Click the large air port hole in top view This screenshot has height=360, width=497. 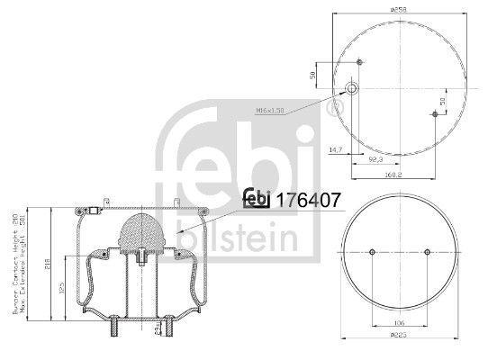[x=352, y=89]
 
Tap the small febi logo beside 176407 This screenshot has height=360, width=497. [x=259, y=201]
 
